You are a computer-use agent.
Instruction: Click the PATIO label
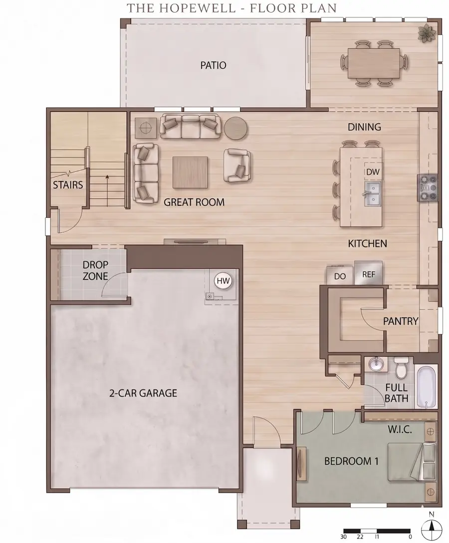coord(213,65)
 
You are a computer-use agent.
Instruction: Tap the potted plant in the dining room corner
coord(427,33)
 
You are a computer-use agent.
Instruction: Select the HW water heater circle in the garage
coord(223,281)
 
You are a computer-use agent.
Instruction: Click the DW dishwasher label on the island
coord(373,172)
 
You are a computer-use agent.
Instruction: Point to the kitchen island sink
coord(373,192)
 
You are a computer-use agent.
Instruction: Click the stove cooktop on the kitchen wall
coord(428,188)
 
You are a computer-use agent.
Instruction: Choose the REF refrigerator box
coord(368,273)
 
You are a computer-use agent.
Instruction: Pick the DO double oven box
coord(340,275)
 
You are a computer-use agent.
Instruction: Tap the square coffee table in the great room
coord(190,173)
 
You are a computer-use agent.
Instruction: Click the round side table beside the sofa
coord(235,128)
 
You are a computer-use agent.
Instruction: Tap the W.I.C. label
coord(400,430)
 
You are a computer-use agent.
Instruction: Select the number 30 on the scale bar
coord(343,537)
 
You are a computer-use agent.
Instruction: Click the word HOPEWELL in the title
coord(196,7)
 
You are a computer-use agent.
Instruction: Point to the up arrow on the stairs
coord(107,191)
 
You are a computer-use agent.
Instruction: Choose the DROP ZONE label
coord(95,270)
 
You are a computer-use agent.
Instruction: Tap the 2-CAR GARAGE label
coord(143,393)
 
